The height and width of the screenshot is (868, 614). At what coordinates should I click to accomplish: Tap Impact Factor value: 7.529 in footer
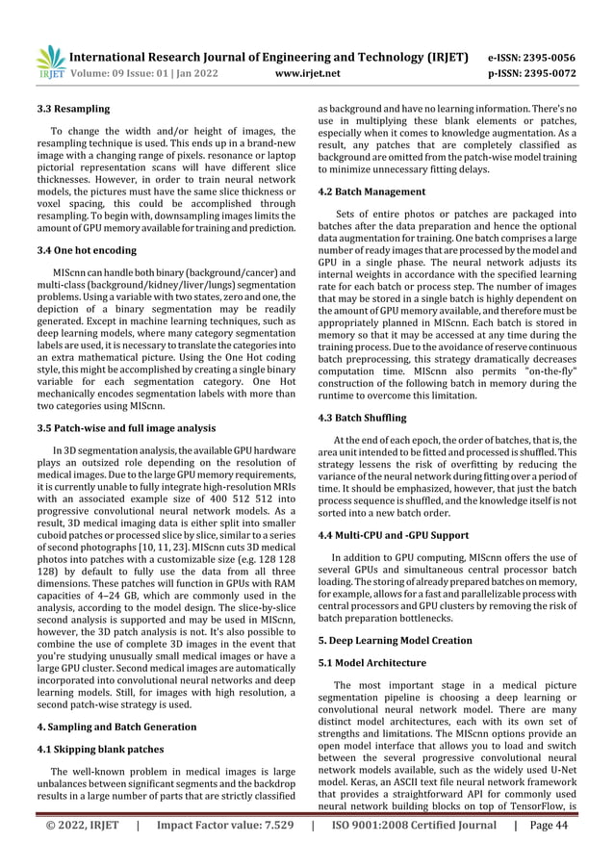pos(224,853)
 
